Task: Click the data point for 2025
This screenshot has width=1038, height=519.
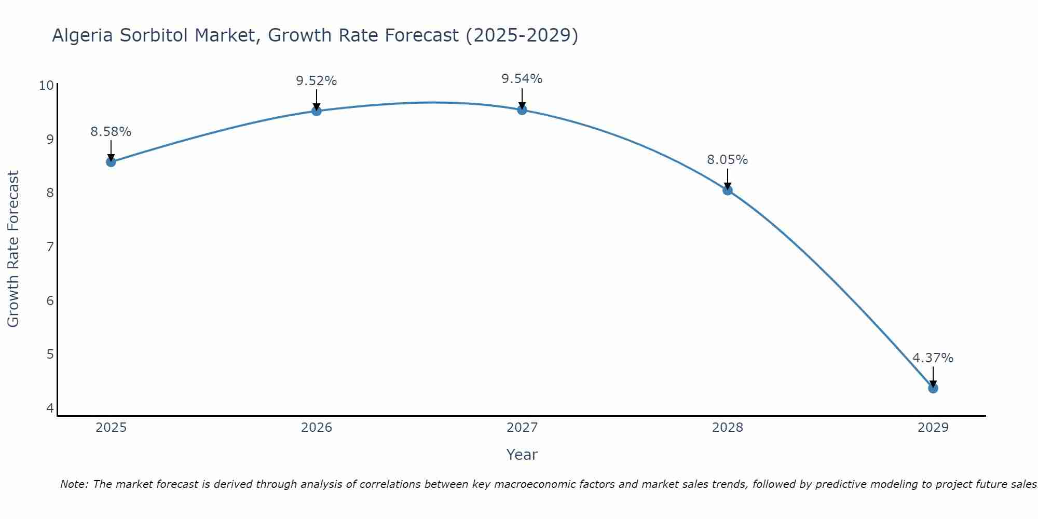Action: [111, 162]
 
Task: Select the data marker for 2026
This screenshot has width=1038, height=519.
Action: [317, 111]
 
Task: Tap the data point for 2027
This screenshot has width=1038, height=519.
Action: [522, 110]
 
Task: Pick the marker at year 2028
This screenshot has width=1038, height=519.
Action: [728, 190]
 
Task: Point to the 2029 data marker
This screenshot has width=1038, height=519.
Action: [933, 388]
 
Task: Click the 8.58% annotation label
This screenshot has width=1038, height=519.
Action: [111, 132]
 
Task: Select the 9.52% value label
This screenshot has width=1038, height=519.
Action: [317, 81]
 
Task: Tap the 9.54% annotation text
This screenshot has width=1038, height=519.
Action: [522, 79]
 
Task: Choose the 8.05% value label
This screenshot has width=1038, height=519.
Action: [728, 160]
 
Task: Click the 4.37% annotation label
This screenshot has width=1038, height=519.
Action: [933, 358]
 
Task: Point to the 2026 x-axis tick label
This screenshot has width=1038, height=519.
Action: [317, 428]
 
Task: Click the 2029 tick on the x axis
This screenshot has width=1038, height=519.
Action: [933, 428]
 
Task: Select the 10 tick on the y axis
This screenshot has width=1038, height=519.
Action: [46, 86]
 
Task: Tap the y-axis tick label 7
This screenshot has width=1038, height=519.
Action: [50, 247]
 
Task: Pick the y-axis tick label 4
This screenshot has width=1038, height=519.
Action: [50, 408]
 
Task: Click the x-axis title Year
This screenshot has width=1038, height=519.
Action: [522, 455]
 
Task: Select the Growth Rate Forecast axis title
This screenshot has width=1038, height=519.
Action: [13, 249]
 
